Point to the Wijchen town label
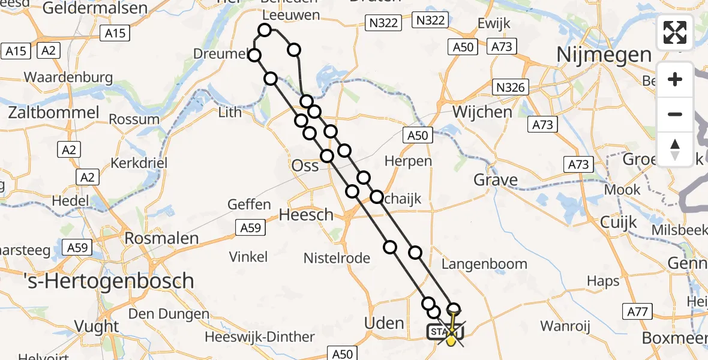pos(482,112)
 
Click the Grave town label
pos(496,180)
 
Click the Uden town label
pos(384,323)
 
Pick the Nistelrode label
pos(336,258)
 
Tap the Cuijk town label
pos(619,223)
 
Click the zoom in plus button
pos(675,79)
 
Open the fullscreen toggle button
pos(675,32)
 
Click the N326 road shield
pos(511,88)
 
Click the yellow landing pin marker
pos(450,339)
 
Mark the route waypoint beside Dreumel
pos(254,56)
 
